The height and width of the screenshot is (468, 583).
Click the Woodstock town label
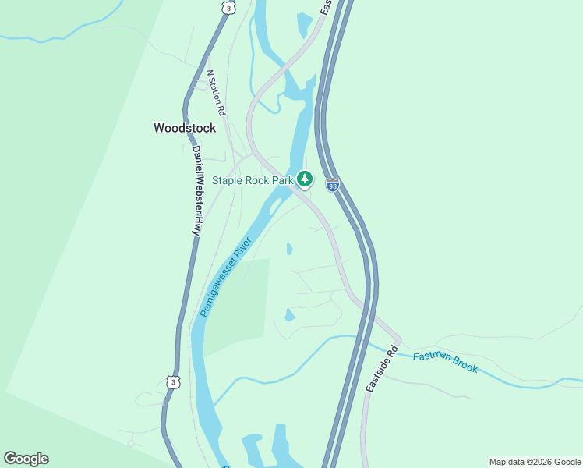point(184,128)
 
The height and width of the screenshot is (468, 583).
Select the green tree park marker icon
point(305,179)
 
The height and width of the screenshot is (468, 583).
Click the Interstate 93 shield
point(333,185)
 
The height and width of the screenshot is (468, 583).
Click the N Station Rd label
point(216,94)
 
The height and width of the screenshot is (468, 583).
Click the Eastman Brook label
point(445,361)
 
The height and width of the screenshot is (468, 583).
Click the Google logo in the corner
point(26,459)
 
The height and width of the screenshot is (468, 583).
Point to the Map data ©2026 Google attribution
point(535,462)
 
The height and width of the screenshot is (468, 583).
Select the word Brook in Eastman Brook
point(463,365)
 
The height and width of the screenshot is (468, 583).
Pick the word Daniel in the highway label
point(196,161)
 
